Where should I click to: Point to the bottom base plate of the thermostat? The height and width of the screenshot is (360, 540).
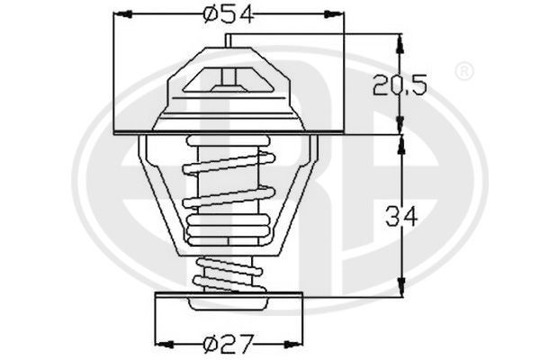pyautogui.click(x=229, y=296)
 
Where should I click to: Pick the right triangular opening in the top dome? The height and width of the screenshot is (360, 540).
pyautogui.click(x=257, y=82)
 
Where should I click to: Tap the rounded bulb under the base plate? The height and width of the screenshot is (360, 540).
pyautogui.click(x=229, y=308)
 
